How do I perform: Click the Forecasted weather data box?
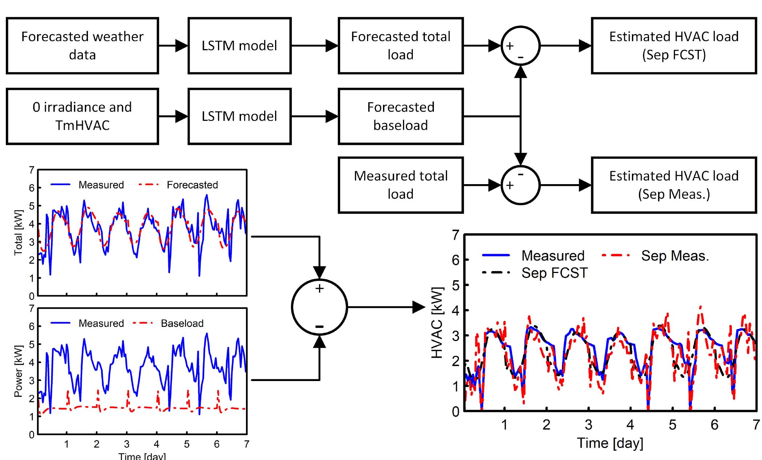pyautogui.click(x=82, y=45)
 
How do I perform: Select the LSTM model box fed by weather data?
pyautogui.click(x=239, y=45)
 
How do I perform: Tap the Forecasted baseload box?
pyautogui.click(x=400, y=116)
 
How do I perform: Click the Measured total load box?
pyautogui.click(x=400, y=185)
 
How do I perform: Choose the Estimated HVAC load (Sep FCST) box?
pyautogui.click(x=674, y=45)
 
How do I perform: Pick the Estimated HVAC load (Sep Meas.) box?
pyautogui.click(x=674, y=185)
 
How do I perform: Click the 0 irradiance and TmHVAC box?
pyautogui.click(x=82, y=116)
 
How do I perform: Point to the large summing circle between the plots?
pyautogui.click(x=319, y=307)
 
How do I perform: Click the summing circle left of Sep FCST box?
pyautogui.click(x=520, y=45)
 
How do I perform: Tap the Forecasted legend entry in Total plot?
pyautogui.click(x=192, y=185)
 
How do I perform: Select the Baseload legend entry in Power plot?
pyautogui.click(x=182, y=323)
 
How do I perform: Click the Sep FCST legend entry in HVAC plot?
pyautogui.click(x=554, y=273)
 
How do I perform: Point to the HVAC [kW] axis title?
pyautogui.click(x=437, y=322)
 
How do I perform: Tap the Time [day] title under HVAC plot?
pyautogui.click(x=610, y=443)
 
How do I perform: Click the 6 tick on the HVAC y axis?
pyautogui.click(x=456, y=260)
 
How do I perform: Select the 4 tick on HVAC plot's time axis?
pyautogui.click(x=630, y=425)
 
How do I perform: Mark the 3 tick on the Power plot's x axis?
pyautogui.click(x=126, y=444)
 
